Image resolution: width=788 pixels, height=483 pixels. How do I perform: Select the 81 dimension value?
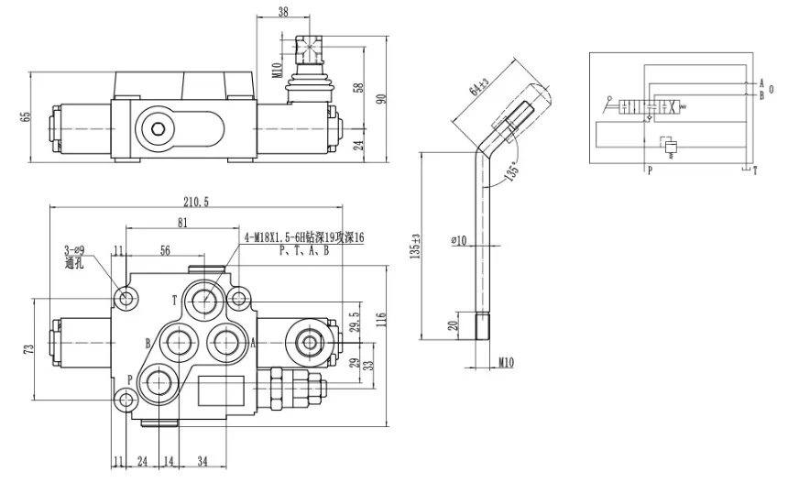click(x=181, y=223)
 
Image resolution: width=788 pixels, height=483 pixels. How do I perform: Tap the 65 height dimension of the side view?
click(x=26, y=115)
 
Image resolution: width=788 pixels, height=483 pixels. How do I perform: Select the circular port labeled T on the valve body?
click(x=202, y=299)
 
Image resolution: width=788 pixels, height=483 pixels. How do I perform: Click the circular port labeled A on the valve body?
click(x=224, y=342)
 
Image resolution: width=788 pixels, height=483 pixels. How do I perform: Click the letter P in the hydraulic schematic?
click(x=650, y=170)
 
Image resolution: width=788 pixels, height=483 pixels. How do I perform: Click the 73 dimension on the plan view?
click(x=28, y=349)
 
